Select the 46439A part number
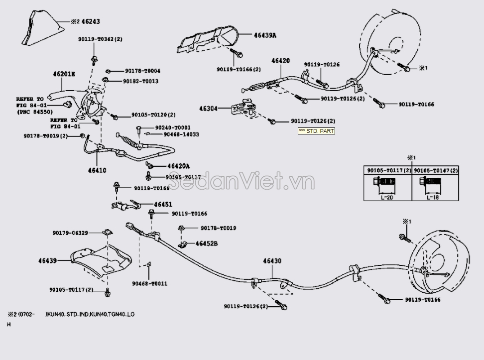coord(265,35)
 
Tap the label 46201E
coord(64,74)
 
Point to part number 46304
coord(210,108)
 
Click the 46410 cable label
coord(97,170)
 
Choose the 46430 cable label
coord(272,261)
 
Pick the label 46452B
coord(206,244)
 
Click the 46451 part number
coord(163,204)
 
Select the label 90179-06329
coord(70,233)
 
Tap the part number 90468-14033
coord(177,134)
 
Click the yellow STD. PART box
coord(316,131)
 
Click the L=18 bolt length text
coord(433,197)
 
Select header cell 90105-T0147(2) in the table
coord(435,170)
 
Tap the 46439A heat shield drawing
coord(204,40)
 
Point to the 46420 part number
coord(280,61)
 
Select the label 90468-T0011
coord(149,283)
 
